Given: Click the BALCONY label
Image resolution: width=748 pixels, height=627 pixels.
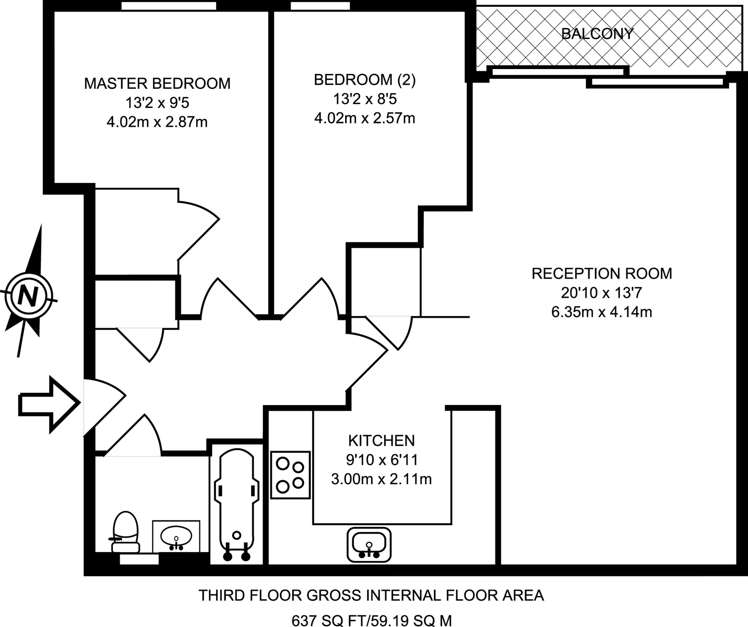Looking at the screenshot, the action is point(597,34).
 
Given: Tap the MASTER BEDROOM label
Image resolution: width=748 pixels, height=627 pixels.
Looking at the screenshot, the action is point(157,84).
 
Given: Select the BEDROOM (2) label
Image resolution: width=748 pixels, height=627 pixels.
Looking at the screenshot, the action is point(365,80).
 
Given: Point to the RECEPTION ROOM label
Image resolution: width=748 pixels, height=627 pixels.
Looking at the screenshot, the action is point(602,274).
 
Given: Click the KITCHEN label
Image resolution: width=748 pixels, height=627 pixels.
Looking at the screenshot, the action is point(381,441).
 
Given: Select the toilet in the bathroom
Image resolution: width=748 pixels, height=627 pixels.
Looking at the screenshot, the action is point(125,532).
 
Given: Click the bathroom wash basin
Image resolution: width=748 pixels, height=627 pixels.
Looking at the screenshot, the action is point(176,536).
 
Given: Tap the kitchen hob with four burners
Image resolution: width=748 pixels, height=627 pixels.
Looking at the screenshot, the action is point(290,475).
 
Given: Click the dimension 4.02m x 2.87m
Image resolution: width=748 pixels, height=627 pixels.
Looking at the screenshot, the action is point(157,122).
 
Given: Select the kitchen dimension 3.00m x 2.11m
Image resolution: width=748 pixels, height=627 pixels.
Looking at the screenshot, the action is point(381,479).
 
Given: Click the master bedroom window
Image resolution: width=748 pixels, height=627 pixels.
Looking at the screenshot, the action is point(168,5).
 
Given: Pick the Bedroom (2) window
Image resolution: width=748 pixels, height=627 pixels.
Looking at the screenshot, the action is point(320,5).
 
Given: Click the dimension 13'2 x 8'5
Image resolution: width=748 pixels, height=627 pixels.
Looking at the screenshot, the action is point(365,99).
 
